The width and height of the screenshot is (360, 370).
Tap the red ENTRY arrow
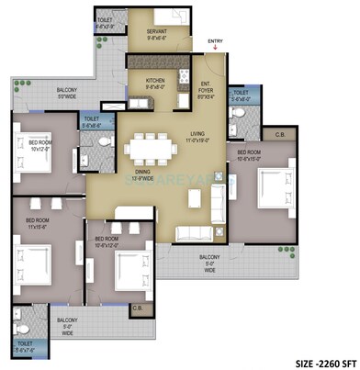(x=215, y=49)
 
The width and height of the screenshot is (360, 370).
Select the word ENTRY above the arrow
(x=215, y=41)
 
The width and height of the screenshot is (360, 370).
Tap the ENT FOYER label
(x=208, y=89)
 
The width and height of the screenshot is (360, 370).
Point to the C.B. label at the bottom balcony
(x=138, y=308)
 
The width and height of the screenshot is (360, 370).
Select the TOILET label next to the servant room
(x=107, y=24)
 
